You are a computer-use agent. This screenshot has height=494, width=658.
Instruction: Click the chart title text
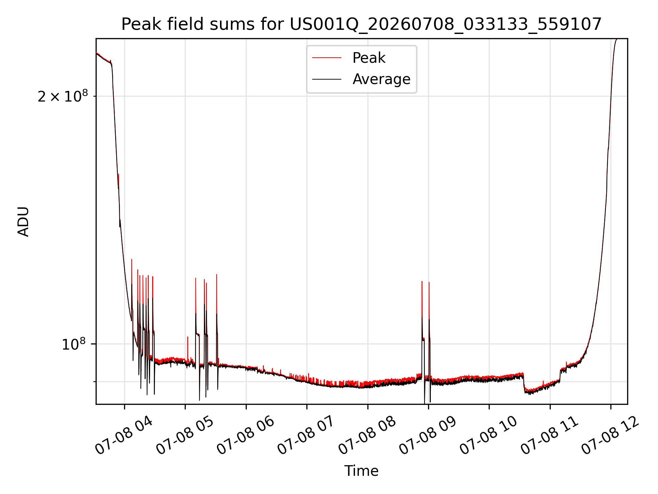[362, 24]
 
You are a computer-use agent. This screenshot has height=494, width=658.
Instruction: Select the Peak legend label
[369, 58]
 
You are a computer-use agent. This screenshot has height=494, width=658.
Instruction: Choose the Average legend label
[381, 79]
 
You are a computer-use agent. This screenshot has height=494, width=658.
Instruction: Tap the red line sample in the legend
[327, 58]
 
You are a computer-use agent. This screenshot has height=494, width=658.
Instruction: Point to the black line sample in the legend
[327, 79]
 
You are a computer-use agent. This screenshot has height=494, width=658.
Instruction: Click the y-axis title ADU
[23, 222]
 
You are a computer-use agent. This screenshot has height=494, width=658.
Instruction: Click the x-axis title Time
[362, 471]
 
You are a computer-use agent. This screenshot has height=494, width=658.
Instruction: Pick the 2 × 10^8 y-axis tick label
[63, 96]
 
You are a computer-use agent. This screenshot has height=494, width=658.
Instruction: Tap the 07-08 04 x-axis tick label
[124, 436]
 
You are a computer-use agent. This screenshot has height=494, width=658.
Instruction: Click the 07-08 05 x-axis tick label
[185, 436]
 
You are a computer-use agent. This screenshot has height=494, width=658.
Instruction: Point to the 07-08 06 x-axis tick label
[246, 436]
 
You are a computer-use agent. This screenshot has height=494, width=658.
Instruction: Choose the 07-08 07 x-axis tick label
[306, 436]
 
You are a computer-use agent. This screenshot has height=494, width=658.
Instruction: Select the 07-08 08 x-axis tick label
[367, 436]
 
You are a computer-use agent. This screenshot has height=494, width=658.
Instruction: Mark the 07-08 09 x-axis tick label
[428, 436]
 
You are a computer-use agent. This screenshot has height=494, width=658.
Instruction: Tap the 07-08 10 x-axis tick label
[489, 436]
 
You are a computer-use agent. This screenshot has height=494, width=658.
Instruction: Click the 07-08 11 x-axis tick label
[550, 436]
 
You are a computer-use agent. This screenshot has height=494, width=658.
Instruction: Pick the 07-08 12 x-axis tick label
[610, 436]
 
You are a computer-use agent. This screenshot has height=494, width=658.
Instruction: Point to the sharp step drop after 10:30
[524, 383]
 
